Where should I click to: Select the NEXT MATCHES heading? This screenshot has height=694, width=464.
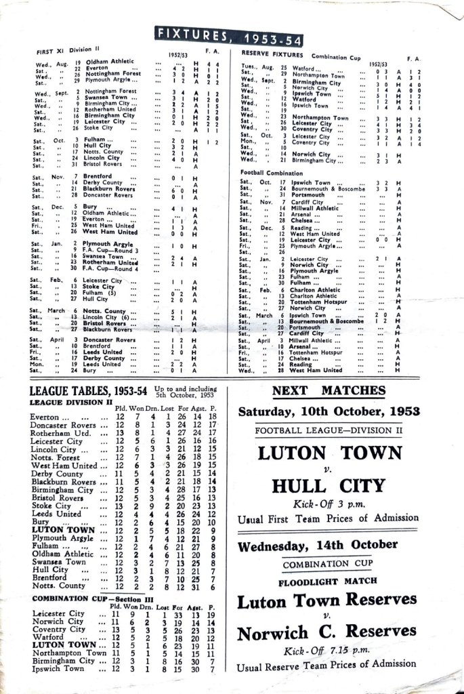(x=328, y=390)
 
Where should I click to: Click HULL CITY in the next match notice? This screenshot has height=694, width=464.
(x=328, y=485)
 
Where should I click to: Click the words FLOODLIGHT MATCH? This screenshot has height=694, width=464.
(x=327, y=581)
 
